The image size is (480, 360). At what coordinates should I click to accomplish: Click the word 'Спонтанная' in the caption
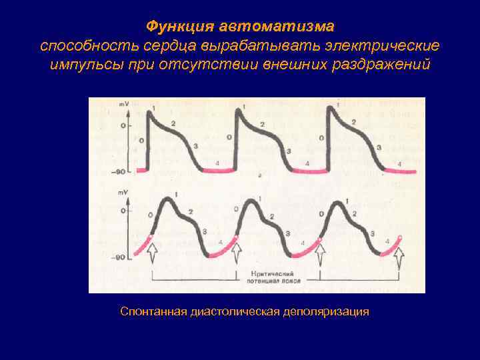154,311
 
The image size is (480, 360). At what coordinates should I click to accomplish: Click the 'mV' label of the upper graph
124,105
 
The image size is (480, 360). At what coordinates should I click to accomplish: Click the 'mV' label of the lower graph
124,193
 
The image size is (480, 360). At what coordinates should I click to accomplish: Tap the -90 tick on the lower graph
121,257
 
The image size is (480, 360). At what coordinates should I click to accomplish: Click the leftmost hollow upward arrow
151,254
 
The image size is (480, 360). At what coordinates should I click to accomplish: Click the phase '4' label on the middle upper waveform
307,164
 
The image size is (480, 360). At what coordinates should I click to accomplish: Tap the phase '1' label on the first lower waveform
175,194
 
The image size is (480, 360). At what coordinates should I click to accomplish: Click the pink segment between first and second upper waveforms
218,171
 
